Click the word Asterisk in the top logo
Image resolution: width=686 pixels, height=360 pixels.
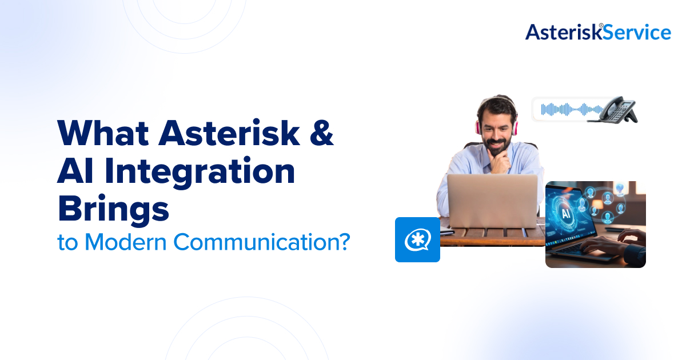click(562, 32)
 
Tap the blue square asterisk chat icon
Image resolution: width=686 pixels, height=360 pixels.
click(417, 239)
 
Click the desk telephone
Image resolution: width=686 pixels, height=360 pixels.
click(616, 109)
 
